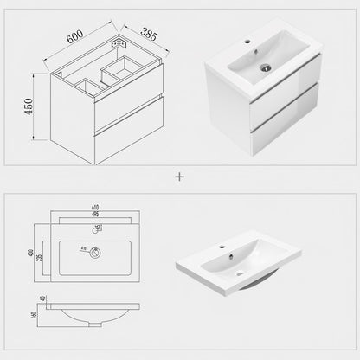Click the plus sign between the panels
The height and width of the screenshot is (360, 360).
point(180,176)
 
